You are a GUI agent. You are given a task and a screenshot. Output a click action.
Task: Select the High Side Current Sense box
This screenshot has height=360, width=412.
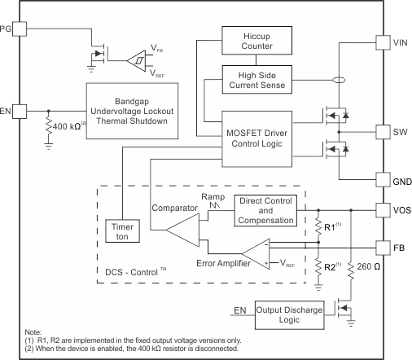click(x=255, y=80)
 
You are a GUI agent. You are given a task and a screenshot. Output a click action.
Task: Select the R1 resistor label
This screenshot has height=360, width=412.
click(x=329, y=227)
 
